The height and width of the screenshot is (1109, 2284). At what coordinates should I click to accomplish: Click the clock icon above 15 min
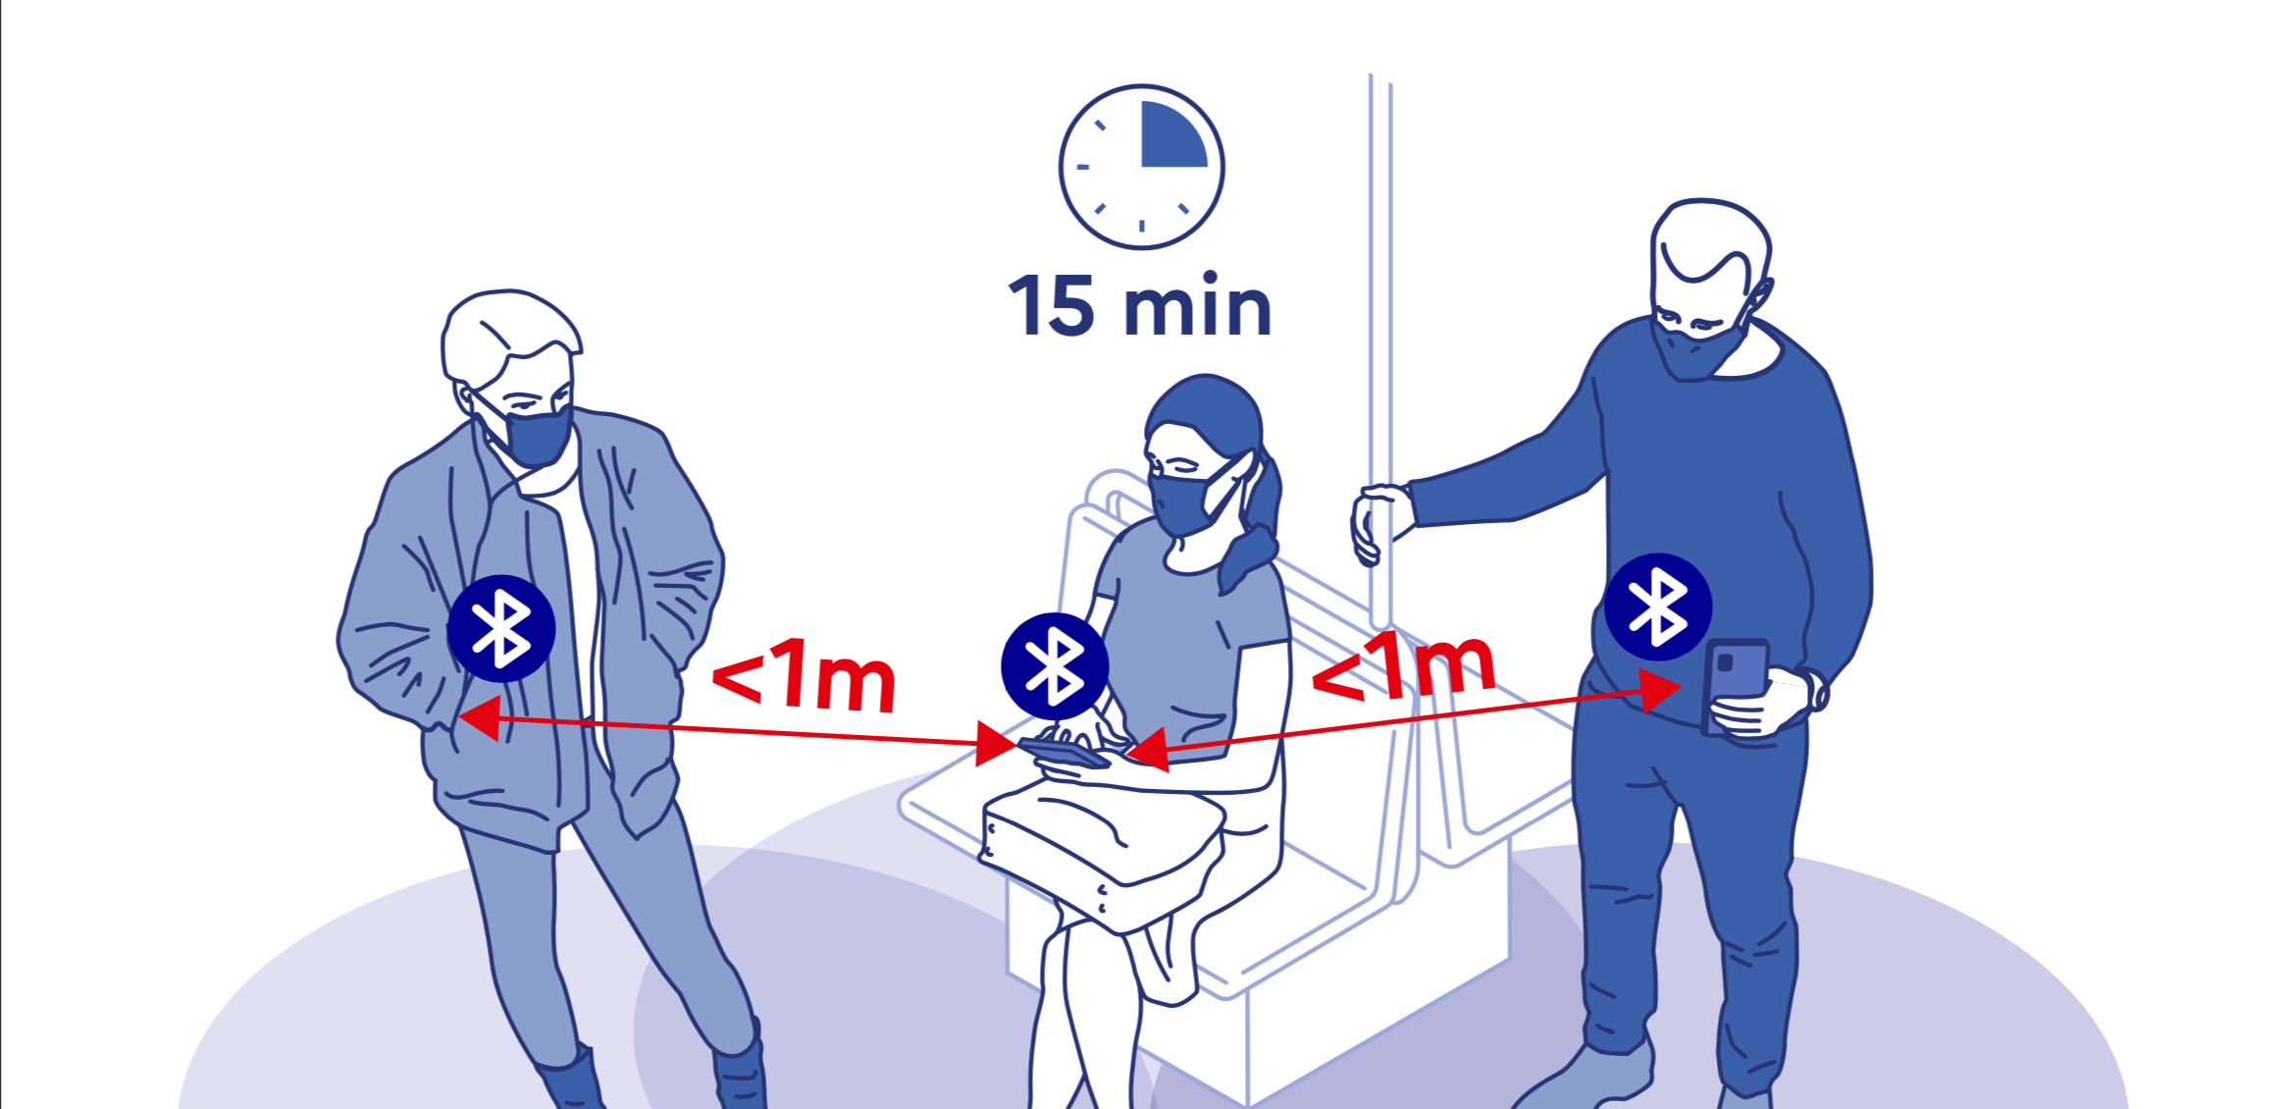click(1141, 167)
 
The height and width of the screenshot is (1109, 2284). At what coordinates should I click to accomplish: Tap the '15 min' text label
click(1140, 306)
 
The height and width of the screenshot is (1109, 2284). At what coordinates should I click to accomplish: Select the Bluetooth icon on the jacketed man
click(501, 628)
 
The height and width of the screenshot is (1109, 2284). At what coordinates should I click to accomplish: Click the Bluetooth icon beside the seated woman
click(1055, 665)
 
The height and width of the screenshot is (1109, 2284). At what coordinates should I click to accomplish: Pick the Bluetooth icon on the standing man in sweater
click(1658, 607)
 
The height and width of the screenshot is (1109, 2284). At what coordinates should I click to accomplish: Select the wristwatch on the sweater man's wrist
click(1816, 689)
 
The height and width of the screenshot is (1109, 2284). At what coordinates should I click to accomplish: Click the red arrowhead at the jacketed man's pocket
click(480, 718)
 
